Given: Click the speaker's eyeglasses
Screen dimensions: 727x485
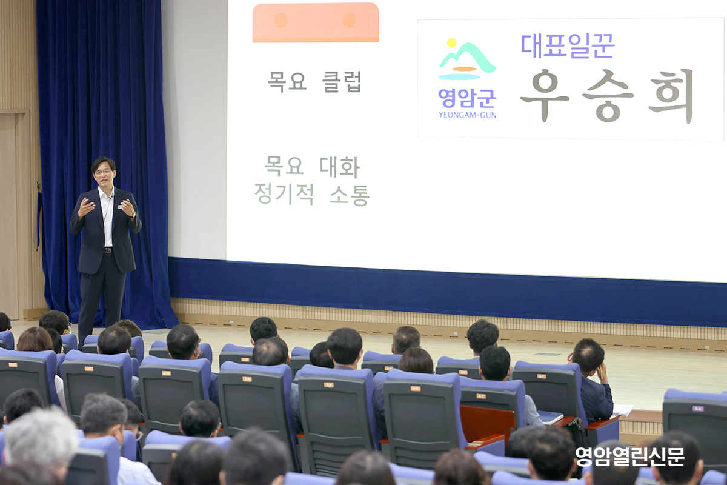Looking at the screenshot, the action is [x=103, y=172].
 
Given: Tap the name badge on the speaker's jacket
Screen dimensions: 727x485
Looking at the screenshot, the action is [x=120, y=207].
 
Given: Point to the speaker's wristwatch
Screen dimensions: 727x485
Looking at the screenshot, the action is [x=133, y=215].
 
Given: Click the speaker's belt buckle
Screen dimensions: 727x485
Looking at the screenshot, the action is [x=108, y=250].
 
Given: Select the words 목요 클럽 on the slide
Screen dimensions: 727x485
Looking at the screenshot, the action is [x=314, y=81].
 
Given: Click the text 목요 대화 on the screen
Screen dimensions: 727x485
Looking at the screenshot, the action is [x=312, y=167].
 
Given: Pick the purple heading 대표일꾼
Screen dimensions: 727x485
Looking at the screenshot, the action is [x=568, y=46].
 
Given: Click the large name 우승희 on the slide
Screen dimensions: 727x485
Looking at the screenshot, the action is [x=606, y=96].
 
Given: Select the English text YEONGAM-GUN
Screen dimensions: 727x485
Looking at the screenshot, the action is [x=467, y=115].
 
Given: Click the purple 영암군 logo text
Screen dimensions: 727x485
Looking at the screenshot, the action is [x=467, y=98].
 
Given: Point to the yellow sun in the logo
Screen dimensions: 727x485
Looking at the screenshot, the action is [x=451, y=42].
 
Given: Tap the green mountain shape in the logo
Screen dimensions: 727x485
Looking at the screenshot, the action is [x=467, y=57].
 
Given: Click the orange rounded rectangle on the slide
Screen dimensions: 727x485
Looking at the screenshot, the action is [x=316, y=22].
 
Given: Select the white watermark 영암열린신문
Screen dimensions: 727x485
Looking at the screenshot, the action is [x=630, y=457].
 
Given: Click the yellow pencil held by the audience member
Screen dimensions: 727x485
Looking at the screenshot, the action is [x=601, y=372].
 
